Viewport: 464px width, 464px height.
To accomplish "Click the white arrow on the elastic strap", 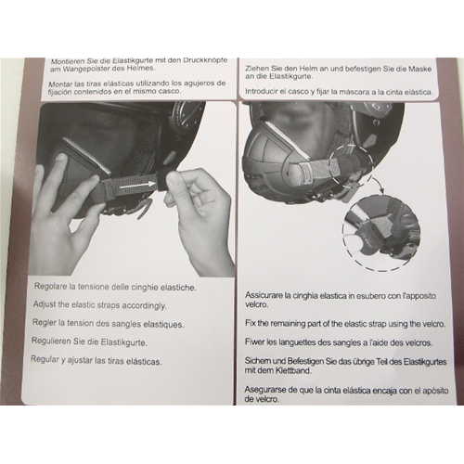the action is (x=137, y=185).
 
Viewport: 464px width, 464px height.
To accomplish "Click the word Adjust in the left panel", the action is (x=44, y=304).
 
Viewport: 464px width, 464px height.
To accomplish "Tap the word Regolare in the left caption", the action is (x=49, y=286).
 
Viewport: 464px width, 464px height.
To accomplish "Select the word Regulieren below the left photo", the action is (x=50, y=342).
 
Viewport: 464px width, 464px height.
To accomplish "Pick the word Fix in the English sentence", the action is (x=251, y=323).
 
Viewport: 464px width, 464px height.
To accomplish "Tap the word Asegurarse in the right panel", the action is (x=264, y=390).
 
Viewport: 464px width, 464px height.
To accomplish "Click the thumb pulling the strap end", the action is (x=175, y=182).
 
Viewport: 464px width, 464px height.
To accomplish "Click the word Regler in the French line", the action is (x=45, y=323).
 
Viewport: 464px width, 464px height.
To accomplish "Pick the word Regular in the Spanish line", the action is (x=45, y=360).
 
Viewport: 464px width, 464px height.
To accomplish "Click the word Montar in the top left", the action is (x=59, y=84).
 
